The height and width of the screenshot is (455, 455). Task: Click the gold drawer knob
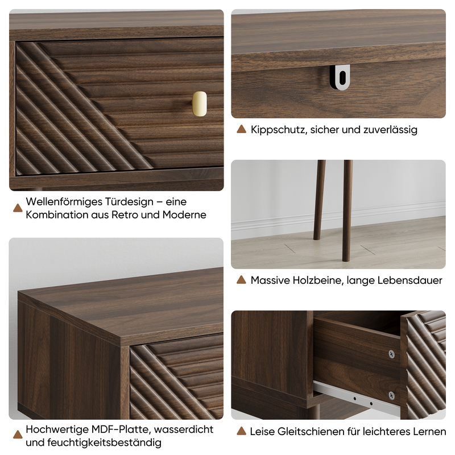[200, 104]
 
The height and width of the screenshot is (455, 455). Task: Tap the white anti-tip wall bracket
[340, 77]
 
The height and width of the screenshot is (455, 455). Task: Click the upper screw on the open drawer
[392, 354]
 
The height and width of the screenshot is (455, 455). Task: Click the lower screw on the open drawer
[391, 395]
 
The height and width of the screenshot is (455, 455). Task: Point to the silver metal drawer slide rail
[357, 398]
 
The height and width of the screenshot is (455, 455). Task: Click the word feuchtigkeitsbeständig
[104, 442]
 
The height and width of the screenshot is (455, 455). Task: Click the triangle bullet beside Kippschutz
[241, 129]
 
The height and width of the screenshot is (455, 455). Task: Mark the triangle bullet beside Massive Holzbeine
[241, 280]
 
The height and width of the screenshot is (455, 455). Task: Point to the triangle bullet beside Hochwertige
[18, 435]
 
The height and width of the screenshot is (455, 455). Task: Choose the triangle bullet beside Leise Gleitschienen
[241, 431]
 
